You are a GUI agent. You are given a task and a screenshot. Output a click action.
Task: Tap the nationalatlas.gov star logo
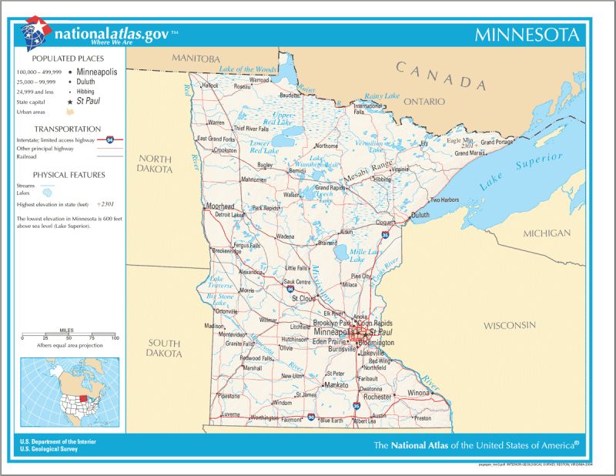34,33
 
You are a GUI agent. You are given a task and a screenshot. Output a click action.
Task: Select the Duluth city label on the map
420,216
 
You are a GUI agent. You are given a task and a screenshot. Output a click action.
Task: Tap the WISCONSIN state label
509,326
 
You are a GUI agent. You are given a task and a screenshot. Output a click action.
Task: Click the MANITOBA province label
196,59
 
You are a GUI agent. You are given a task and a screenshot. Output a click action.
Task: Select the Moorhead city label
220,206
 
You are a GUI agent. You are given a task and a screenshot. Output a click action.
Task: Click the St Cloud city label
303,297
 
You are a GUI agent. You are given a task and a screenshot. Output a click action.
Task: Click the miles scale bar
69,337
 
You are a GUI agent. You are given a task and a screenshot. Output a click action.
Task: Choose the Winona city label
419,393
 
